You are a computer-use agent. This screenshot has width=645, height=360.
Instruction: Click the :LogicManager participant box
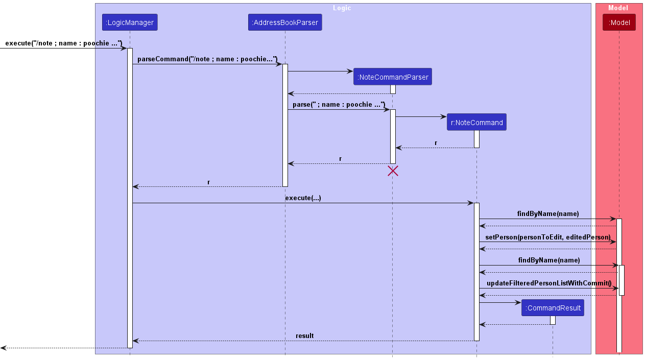130,22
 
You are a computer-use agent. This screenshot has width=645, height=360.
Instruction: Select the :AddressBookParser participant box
285,22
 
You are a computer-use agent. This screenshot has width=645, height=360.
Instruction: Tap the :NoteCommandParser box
393,77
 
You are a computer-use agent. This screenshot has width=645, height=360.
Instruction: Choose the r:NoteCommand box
476,122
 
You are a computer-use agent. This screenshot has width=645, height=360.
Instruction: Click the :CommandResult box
553,307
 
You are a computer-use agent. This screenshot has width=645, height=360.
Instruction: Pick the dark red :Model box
619,22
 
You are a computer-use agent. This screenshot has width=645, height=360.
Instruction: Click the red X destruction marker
393,171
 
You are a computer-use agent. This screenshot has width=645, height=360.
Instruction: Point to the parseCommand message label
207,59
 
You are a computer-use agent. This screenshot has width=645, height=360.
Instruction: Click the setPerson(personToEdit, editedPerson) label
547,237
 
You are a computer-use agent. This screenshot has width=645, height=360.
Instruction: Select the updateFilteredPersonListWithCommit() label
549,283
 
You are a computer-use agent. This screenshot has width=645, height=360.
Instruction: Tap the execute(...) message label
303,198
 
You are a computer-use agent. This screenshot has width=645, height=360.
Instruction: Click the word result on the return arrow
305,335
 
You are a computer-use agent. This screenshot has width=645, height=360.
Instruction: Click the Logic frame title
342,8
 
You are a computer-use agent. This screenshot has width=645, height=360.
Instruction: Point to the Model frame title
618,8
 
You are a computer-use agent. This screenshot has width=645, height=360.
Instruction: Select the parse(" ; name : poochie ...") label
339,104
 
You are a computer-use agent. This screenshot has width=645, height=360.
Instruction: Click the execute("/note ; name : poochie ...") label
64,43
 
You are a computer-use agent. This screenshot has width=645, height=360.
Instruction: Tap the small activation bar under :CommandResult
553,320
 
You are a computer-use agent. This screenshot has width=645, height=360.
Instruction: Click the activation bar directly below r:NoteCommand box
476,139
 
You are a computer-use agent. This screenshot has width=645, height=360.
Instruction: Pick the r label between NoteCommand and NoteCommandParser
436,143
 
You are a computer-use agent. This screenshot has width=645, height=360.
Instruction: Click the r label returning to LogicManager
209,182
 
